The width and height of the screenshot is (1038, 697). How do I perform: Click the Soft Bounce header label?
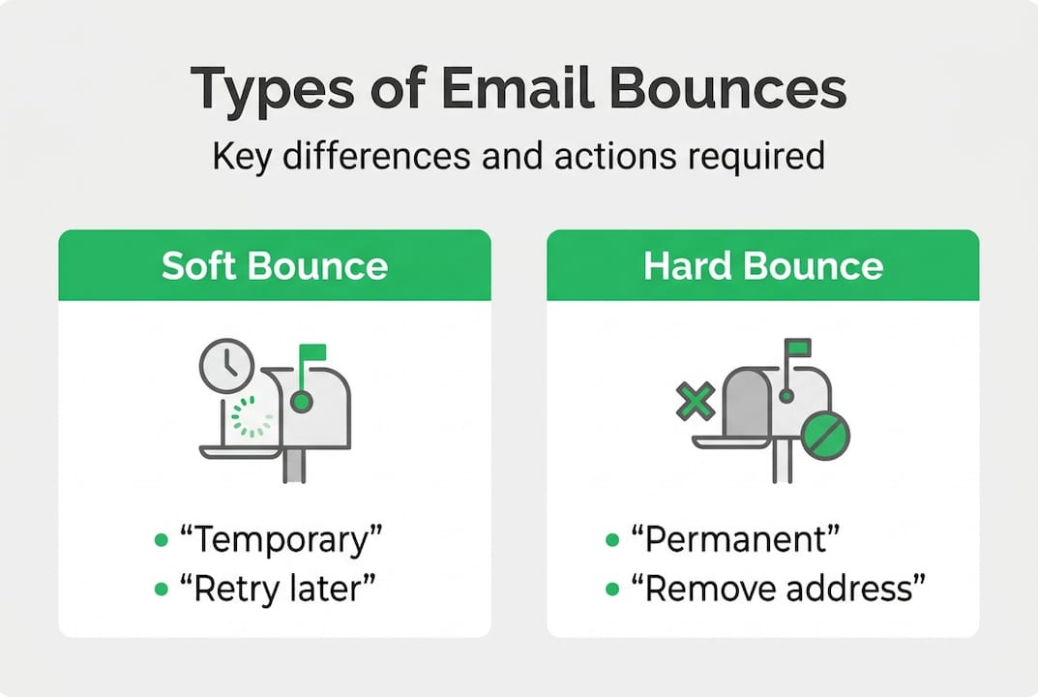[275, 266]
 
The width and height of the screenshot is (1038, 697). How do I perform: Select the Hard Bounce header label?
[763, 266]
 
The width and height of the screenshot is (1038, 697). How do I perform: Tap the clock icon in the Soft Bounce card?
[227, 366]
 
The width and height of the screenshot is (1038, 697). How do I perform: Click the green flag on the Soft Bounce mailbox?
[312, 352]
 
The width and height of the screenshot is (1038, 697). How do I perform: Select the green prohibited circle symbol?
[826, 435]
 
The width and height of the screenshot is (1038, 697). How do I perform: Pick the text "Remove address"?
[780, 587]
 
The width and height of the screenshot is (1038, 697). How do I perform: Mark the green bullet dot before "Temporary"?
[161, 540]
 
